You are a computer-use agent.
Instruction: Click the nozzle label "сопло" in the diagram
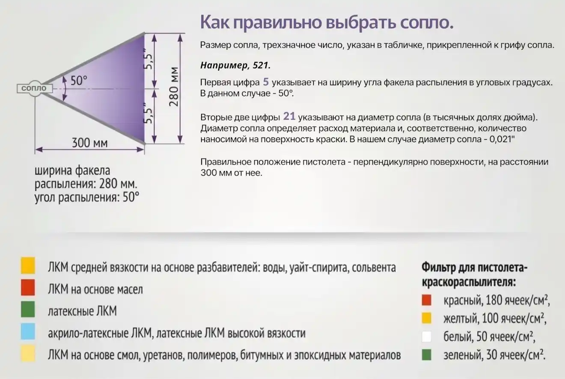click(34, 88)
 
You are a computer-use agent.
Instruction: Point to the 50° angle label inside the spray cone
click(79, 81)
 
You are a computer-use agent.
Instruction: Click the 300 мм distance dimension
click(89, 143)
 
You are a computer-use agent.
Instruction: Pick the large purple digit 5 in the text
click(266, 82)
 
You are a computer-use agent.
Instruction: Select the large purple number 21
click(289, 116)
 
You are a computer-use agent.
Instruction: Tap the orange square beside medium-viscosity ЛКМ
click(28, 266)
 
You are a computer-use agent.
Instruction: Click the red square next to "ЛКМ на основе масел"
click(28, 287)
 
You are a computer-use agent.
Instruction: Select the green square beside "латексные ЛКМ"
click(28, 309)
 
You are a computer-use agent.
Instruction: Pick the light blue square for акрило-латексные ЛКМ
click(28, 331)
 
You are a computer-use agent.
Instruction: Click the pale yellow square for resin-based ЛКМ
click(28, 353)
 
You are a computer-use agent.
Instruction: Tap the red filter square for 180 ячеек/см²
click(426, 300)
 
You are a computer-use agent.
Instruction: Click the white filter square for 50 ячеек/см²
click(426, 337)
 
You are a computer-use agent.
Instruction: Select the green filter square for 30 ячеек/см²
click(426, 355)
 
